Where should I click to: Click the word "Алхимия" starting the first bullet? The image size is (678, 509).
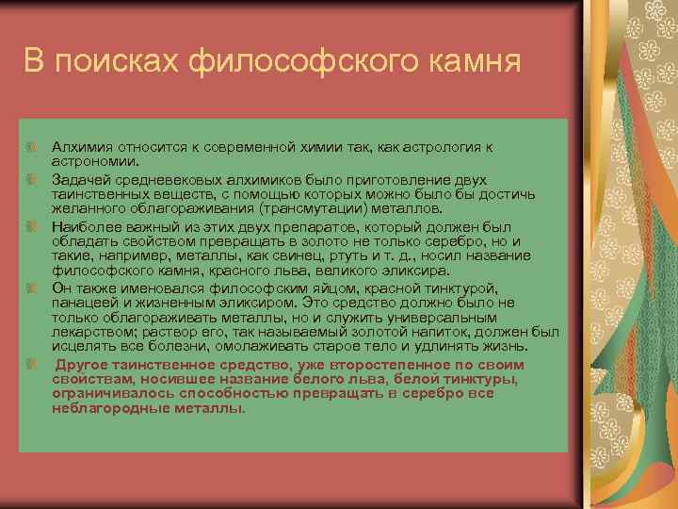tap(80, 147)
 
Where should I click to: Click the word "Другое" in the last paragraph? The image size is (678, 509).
tap(82, 364)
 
